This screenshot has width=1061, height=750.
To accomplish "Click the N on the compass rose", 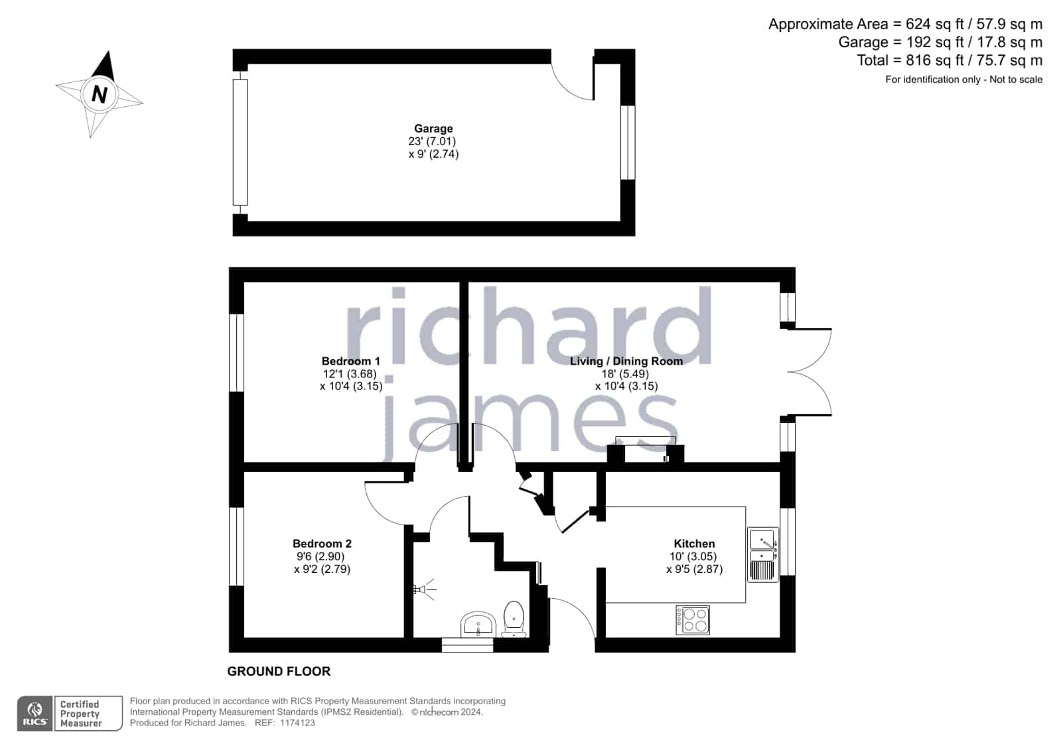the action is point(99,94).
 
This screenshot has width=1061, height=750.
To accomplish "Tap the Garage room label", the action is point(433,128).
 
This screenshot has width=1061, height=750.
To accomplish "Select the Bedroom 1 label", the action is point(350,361).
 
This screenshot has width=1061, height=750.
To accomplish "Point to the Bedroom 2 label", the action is point(322,544).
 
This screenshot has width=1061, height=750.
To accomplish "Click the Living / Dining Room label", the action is point(626,361).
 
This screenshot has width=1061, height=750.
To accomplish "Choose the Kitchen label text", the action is point(694,544).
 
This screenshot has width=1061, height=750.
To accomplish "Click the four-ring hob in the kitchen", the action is point(693,620).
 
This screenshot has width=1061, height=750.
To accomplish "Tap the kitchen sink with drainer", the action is point(763,554).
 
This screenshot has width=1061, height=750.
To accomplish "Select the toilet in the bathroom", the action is point(514,619).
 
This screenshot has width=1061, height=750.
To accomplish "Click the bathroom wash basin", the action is point(478,625).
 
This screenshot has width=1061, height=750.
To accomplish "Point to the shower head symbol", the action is point(424,590).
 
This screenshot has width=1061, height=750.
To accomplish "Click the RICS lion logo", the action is point(35,714).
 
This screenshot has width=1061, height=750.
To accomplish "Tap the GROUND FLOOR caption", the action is point(279,671).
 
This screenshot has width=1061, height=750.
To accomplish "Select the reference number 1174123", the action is point(297,723).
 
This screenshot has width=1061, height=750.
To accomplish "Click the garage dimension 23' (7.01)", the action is point(432,141).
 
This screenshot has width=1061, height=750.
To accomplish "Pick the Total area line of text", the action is point(950,60).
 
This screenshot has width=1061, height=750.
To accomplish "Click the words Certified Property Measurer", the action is point(80,714).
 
